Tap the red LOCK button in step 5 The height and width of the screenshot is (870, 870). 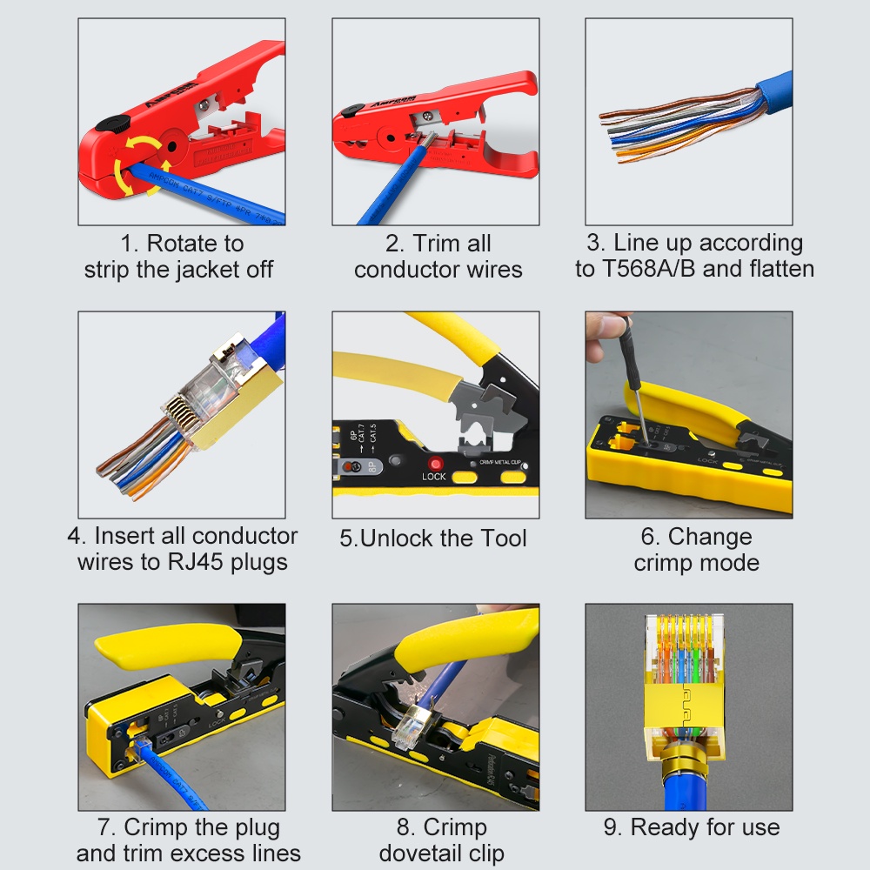(x=434, y=464)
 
